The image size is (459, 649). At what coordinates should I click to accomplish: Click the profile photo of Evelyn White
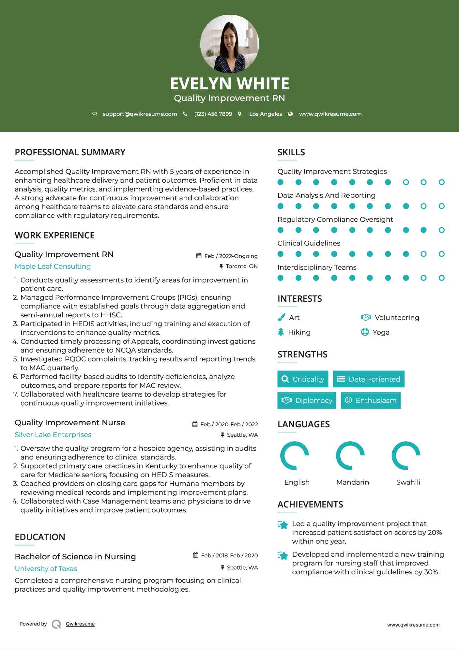click(x=229, y=44)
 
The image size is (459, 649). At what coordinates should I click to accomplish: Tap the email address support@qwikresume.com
click(x=140, y=114)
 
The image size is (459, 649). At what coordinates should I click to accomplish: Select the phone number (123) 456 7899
click(x=213, y=114)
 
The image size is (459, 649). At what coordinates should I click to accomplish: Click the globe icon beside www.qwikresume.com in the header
click(x=290, y=114)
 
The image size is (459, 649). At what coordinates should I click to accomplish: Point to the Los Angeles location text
click(x=266, y=114)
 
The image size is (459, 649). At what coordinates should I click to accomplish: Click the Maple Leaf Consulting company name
click(x=53, y=266)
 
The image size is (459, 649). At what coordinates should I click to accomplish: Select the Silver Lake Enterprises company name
click(x=53, y=435)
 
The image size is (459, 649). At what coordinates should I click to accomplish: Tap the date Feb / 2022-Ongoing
click(x=231, y=256)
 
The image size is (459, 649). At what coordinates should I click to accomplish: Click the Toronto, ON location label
click(x=241, y=266)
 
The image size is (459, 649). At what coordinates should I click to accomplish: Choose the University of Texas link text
click(x=46, y=569)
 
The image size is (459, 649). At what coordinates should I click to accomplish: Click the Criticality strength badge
click(x=303, y=379)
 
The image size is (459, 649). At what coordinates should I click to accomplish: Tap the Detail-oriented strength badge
click(x=369, y=379)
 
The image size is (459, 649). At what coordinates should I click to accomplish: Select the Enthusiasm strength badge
click(x=371, y=400)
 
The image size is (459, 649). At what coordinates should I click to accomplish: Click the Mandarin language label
click(x=352, y=482)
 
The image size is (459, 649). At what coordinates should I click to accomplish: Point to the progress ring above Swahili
click(x=406, y=456)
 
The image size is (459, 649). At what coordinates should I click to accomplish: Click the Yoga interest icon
click(x=365, y=332)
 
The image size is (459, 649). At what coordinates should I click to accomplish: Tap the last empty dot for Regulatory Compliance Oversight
click(x=441, y=230)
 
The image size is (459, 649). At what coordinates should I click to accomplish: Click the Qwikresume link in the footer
click(x=80, y=624)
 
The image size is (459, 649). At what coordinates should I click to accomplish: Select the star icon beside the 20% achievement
click(x=283, y=525)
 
